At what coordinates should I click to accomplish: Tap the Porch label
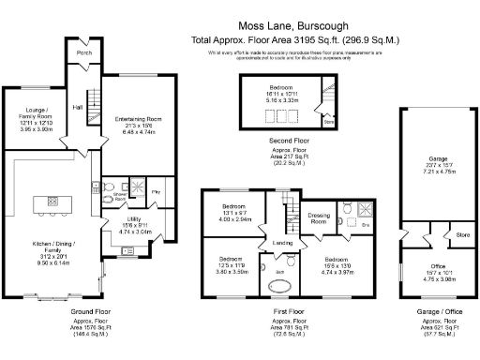[x=84, y=53]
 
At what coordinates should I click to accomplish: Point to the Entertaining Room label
[x=138, y=119]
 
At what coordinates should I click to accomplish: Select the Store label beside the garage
[x=461, y=234]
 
